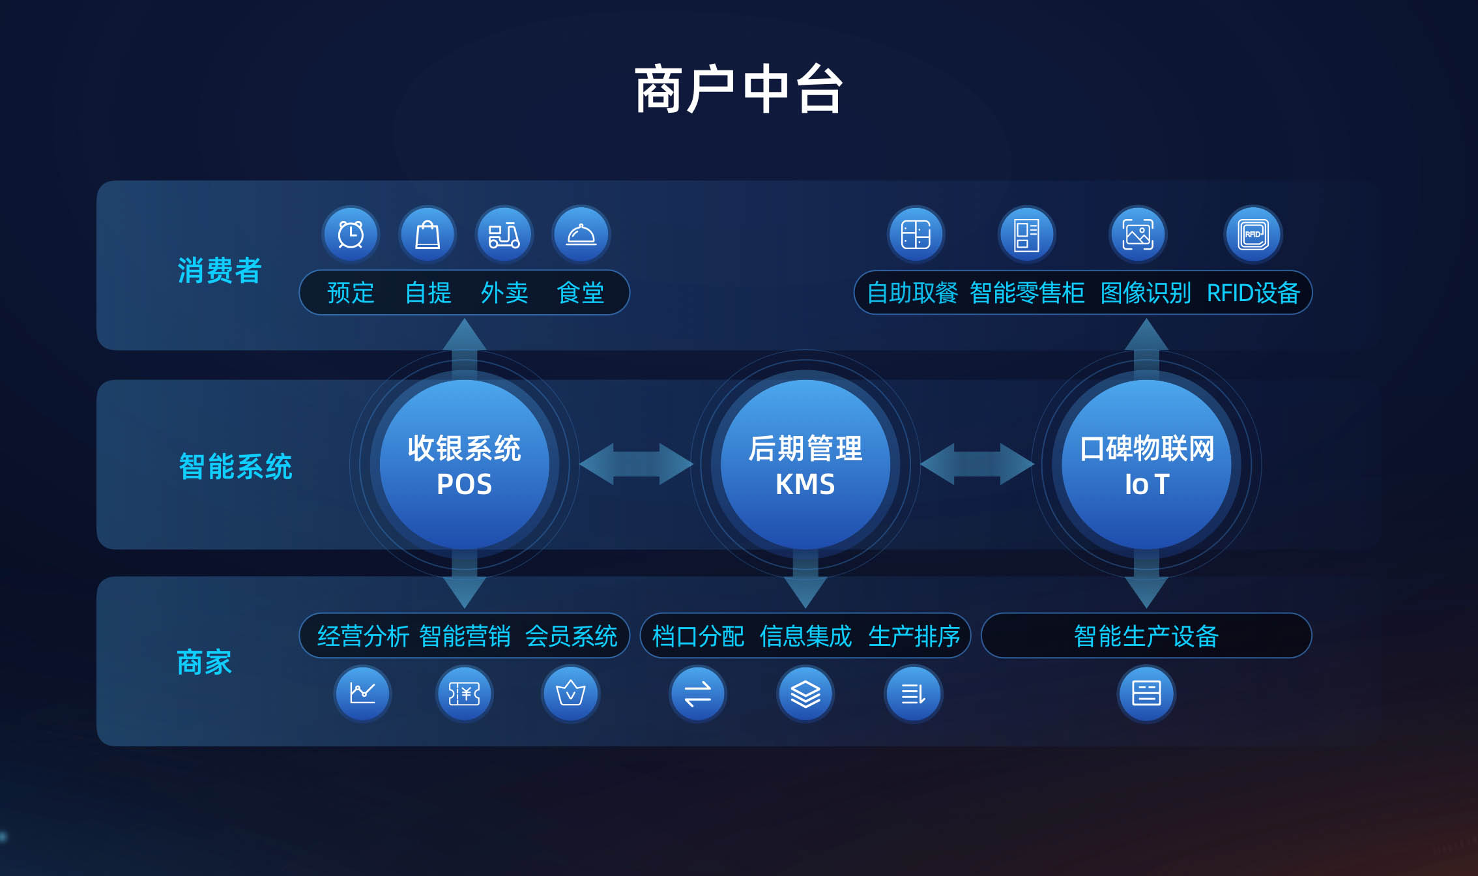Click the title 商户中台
coord(739,89)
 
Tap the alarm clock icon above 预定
coord(351,234)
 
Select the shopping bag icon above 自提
coord(427,234)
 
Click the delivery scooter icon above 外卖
coord(504,234)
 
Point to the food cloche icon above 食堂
coord(581,234)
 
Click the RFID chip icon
coord(1253,234)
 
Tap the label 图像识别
coord(1146,293)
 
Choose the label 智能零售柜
coord(1027,293)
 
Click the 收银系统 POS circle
coord(465,465)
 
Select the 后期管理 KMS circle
coord(805,465)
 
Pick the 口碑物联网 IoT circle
coord(1146,465)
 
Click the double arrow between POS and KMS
coord(636,464)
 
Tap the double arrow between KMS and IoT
coord(977,464)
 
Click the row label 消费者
coord(220,270)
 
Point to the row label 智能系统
coord(235,467)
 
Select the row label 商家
coord(205,662)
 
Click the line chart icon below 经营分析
coord(362,693)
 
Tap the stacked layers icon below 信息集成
coord(805,693)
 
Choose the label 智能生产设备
coord(1146,636)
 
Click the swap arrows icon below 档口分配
coord(698,693)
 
